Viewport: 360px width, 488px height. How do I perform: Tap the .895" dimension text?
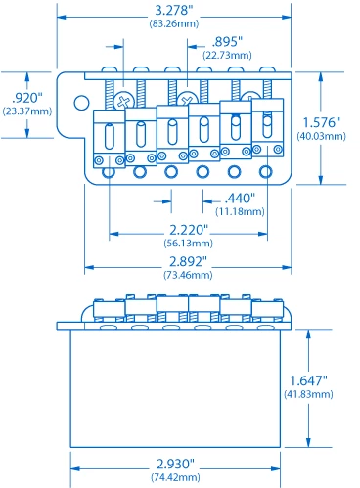(228, 43)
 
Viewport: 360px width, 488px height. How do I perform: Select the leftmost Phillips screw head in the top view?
(125, 100)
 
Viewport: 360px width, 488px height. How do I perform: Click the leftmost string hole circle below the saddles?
(109, 172)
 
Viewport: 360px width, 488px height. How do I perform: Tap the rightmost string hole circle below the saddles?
(265, 172)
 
